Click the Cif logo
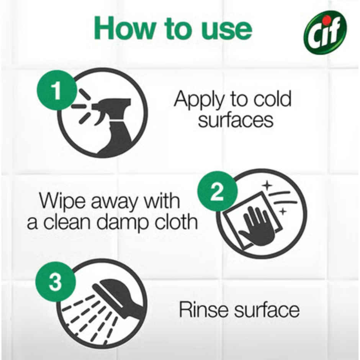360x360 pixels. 325,33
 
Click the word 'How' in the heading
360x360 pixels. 123,28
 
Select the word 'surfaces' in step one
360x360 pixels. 236,120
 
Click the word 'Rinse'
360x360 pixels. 203,309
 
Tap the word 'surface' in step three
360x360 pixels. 267,310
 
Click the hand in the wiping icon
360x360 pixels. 257,226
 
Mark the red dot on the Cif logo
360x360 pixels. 326,19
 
